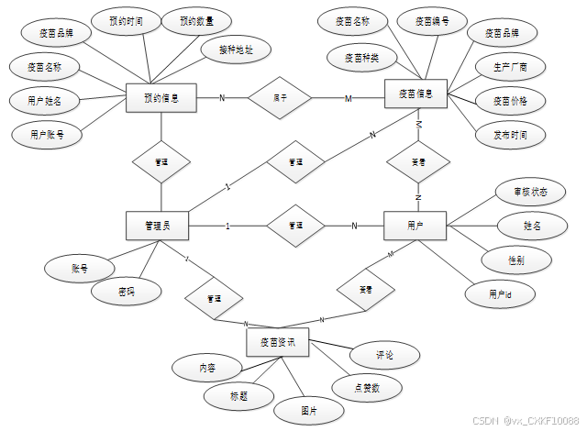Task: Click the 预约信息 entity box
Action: [161, 97]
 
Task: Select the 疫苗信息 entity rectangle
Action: [415, 93]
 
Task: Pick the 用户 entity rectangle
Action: [415, 225]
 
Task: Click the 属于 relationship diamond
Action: [280, 97]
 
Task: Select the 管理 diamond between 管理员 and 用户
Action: [294, 225]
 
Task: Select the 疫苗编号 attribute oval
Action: [430, 21]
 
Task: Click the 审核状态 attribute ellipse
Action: [522, 192]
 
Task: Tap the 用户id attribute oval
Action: [500, 294]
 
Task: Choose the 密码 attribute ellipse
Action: [127, 293]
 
